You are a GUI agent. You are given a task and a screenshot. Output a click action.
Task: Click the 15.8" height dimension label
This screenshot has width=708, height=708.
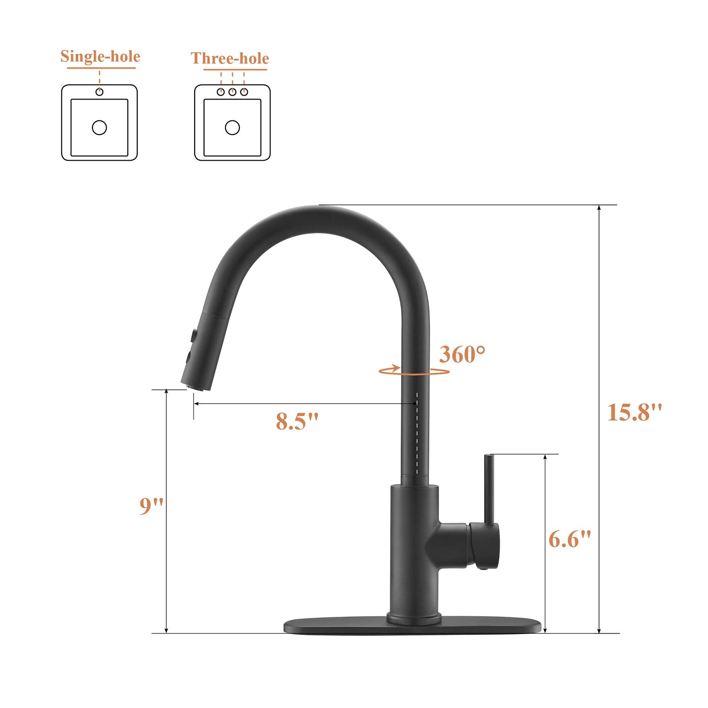click(634, 412)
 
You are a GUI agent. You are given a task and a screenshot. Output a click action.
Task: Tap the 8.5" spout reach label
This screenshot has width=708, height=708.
click(297, 421)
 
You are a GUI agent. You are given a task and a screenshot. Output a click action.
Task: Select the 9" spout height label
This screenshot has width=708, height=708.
click(152, 505)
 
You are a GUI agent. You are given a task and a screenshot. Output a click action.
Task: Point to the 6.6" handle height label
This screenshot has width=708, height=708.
click(569, 539)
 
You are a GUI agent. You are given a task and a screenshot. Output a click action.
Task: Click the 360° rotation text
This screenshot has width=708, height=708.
click(462, 354)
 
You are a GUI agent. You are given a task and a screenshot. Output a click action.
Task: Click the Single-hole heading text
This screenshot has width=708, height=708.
click(100, 57)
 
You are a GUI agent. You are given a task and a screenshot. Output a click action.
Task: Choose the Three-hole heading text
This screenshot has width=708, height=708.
click(230, 58)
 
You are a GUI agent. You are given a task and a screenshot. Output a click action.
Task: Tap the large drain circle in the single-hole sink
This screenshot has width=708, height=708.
click(100, 128)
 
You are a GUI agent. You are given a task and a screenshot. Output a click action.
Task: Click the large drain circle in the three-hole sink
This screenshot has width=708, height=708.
click(232, 128)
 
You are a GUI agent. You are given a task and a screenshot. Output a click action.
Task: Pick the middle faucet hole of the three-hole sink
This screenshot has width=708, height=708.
click(232, 92)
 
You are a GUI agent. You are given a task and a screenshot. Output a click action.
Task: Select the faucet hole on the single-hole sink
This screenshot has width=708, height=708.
click(100, 92)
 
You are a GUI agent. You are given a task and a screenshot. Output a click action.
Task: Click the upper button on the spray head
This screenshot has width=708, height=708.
click(193, 335)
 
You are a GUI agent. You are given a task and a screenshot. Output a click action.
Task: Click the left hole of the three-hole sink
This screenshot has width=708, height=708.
click(221, 92)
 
